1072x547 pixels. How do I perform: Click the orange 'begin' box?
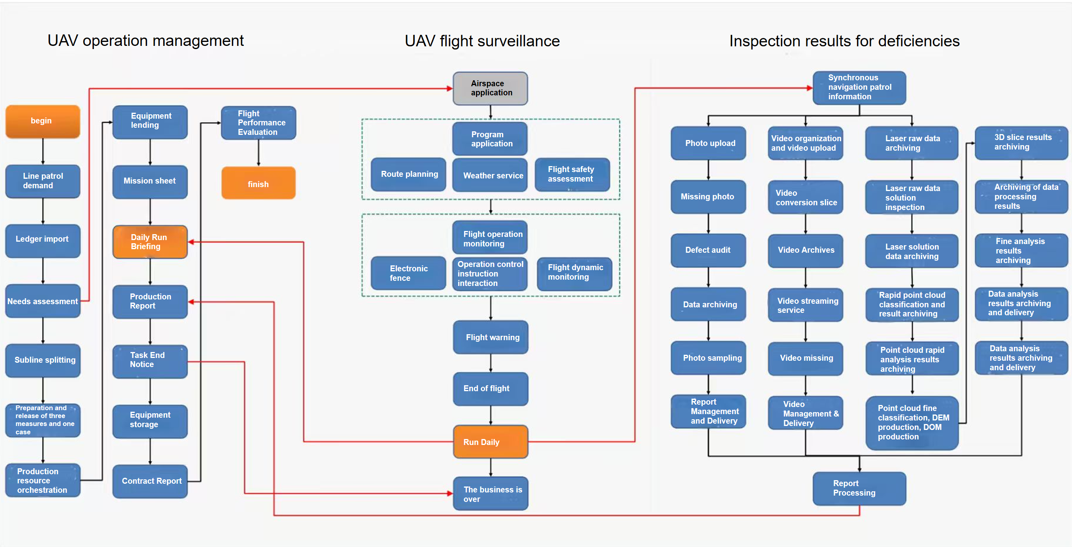click(43, 121)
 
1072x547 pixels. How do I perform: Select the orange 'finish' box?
click(259, 183)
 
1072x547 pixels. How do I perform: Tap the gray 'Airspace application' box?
click(490, 88)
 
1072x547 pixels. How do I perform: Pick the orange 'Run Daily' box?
click(490, 442)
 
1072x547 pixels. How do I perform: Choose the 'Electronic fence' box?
click(408, 273)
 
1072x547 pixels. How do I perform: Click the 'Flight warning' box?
click(490, 337)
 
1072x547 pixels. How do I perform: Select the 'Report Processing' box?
click(859, 488)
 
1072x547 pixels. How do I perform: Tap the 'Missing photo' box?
click(708, 197)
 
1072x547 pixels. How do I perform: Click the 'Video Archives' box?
click(805, 250)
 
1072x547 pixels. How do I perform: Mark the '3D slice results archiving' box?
click(1021, 143)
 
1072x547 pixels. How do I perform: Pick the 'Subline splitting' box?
click(43, 360)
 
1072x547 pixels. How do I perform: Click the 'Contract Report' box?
click(150, 481)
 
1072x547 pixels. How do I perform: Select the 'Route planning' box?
click(408, 174)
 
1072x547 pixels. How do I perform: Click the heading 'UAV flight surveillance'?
click(482, 41)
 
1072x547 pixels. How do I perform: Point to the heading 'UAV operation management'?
click(145, 40)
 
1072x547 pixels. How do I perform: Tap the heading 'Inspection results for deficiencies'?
click(844, 41)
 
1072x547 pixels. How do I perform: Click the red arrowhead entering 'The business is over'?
click(450, 494)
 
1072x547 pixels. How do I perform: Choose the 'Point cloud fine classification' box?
click(912, 422)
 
